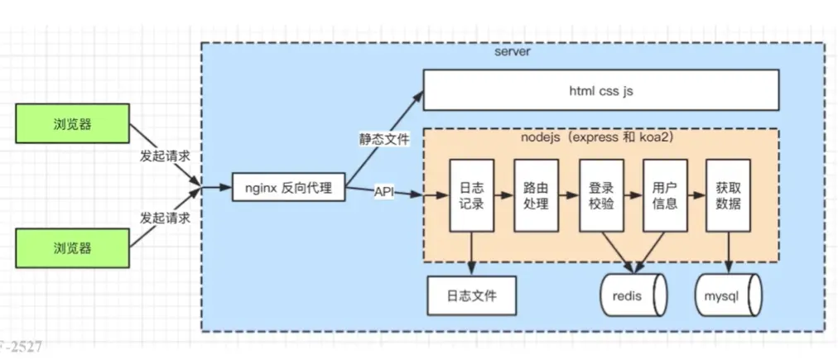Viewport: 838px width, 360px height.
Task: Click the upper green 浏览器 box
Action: tap(73, 125)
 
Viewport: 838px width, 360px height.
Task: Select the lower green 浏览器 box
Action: tap(73, 247)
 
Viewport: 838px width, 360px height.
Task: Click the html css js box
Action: tap(601, 90)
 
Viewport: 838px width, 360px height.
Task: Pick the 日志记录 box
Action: tap(471, 194)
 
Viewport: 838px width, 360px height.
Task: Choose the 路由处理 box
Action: tap(536, 194)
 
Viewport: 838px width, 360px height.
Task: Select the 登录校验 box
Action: tap(601, 194)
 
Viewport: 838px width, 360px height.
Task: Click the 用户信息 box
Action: tap(666, 194)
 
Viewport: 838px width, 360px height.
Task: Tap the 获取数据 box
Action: tap(729, 194)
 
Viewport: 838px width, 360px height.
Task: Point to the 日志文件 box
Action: tap(471, 295)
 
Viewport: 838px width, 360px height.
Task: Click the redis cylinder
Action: tap(633, 295)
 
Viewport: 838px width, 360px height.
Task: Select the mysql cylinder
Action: tap(728, 295)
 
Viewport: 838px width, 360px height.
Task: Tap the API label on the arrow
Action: tap(384, 192)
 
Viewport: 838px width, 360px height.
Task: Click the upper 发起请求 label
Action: tap(165, 156)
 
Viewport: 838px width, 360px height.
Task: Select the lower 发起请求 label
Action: tap(165, 218)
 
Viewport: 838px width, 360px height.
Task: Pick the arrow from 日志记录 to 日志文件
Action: tap(471, 253)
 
